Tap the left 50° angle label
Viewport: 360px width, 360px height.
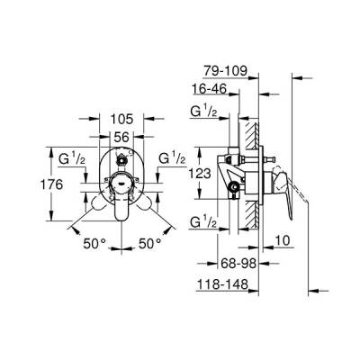(x=94, y=243)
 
